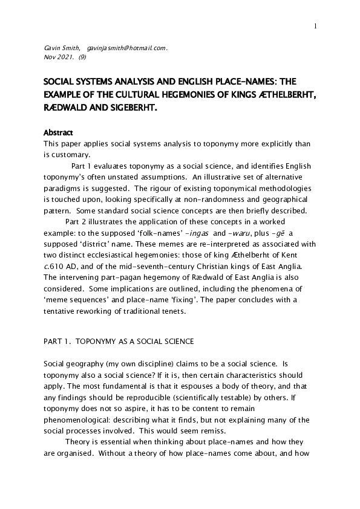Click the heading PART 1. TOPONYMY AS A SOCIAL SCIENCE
[119, 342]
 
